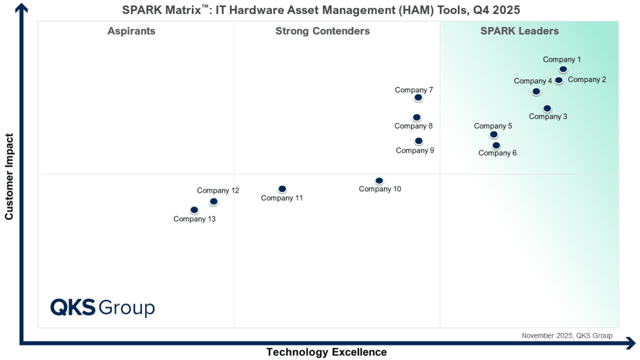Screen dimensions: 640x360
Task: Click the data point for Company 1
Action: [563, 69]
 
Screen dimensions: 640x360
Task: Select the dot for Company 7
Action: [418, 97]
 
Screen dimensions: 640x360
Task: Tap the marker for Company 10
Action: [379, 180]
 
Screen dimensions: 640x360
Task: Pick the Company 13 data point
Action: [194, 210]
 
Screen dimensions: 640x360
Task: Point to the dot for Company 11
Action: [282, 189]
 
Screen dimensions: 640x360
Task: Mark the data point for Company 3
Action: [547, 109]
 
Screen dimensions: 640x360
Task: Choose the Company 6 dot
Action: [496, 145]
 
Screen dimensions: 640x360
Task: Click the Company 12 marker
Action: [214, 201]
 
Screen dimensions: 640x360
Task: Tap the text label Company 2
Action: [587, 80]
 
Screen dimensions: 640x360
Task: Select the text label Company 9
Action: [415, 150]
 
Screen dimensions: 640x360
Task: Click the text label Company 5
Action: [493, 126]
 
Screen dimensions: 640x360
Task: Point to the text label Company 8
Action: [413, 126]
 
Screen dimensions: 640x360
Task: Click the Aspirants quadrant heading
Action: [132, 32]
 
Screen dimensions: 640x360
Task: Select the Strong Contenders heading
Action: [322, 31]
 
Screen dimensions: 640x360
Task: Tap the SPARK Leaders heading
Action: [520, 31]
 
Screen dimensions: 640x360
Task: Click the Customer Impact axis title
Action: [9, 176]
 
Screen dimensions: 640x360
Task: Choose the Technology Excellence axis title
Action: [326, 352]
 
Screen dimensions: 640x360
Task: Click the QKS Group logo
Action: [102, 308]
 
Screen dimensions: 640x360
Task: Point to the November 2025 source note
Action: [567, 335]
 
